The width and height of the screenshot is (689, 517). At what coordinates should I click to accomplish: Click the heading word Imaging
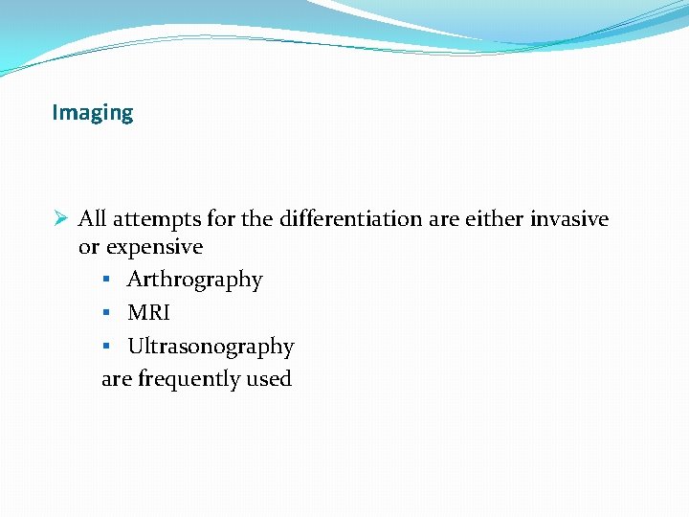pos(93,113)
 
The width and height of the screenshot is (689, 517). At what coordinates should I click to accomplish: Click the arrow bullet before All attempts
pos(60,219)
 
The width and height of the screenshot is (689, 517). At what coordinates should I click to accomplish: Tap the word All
pos(92,219)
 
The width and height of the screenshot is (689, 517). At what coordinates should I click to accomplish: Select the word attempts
pos(155,219)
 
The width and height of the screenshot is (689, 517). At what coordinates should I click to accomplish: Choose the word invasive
pos(569,219)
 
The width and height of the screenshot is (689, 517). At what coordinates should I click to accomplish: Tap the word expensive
pos(154,248)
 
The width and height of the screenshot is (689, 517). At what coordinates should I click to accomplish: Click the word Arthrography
pos(194,280)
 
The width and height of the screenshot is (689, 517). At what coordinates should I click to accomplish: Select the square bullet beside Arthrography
pos(107,280)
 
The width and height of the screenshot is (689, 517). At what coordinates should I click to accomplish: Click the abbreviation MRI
pos(148,313)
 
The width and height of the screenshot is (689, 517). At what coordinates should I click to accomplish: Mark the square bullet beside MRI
pos(107,313)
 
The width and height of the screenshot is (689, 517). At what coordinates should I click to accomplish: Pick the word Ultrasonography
pos(211,347)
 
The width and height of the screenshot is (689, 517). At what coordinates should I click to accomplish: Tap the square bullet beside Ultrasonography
pos(107,347)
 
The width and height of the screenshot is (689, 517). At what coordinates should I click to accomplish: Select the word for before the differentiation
pos(221,219)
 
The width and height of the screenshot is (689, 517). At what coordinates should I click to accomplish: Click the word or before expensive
pos(89,248)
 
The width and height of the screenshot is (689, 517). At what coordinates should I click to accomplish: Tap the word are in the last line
pos(117,379)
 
